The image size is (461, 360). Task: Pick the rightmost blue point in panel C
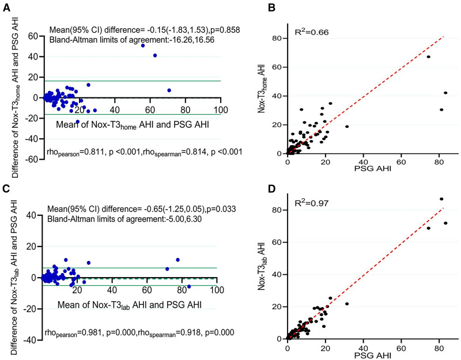(x=188, y=286)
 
